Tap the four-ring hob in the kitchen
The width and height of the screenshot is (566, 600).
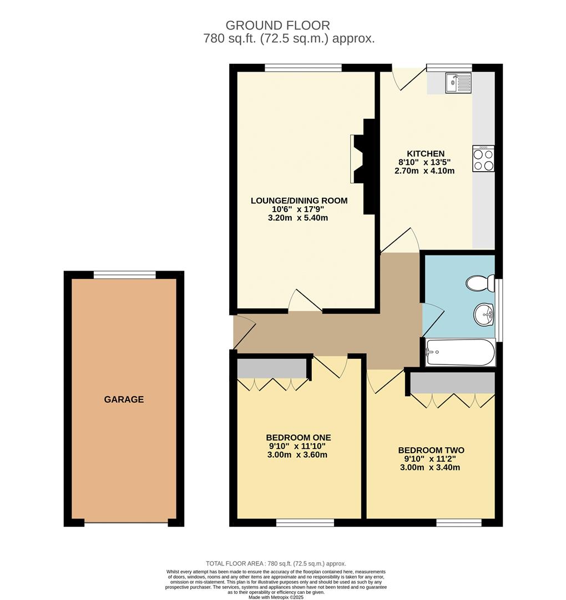click(483, 159)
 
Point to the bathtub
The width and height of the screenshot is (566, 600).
click(460, 353)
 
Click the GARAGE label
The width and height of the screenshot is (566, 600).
click(124, 399)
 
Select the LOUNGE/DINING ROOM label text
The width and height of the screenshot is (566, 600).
click(299, 201)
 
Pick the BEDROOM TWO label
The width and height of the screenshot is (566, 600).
click(431, 451)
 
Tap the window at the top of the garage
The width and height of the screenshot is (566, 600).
click(124, 274)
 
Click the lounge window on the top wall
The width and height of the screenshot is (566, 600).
click(303, 68)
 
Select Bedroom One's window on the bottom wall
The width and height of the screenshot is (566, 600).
click(305, 522)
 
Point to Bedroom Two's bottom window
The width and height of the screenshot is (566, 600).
click(458, 522)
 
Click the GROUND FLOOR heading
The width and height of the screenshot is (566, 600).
click(277, 25)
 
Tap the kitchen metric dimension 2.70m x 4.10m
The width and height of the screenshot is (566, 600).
click(424, 171)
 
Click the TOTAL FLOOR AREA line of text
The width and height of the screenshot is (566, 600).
click(276, 563)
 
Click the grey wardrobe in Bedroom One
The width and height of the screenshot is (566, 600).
click(272, 368)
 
